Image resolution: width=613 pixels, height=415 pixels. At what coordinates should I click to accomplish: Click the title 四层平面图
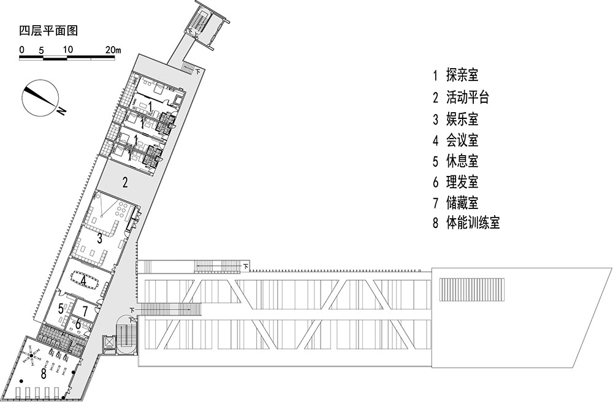(48, 31)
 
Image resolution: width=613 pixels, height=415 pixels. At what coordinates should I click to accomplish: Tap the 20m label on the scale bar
(113, 50)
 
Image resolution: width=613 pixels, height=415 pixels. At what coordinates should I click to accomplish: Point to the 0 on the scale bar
(22, 50)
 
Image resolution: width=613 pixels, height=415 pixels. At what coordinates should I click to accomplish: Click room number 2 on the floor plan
(125, 182)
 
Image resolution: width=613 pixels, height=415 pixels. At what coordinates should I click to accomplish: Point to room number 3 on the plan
(100, 238)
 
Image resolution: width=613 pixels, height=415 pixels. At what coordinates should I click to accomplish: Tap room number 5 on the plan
(61, 309)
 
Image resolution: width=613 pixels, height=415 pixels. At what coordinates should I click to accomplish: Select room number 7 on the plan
(85, 311)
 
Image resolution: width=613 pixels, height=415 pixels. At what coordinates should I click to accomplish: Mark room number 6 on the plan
(78, 324)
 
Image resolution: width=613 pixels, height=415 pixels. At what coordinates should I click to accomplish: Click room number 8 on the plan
(44, 373)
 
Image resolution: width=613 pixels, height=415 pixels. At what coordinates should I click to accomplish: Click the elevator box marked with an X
(109, 343)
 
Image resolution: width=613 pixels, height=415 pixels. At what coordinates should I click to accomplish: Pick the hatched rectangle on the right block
(472, 289)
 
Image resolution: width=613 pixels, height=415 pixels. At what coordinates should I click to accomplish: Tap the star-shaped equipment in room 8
(32, 355)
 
